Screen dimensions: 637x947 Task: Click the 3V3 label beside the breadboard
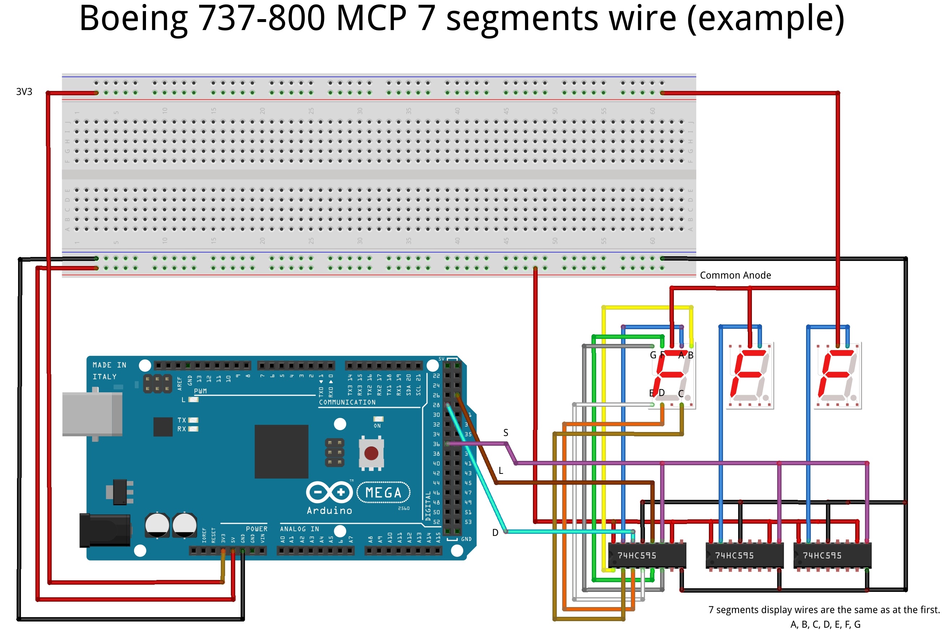click(x=24, y=92)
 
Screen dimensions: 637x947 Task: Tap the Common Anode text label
click(x=735, y=275)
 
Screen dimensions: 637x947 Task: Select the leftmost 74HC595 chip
click(x=646, y=555)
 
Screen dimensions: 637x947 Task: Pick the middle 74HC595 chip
click(x=744, y=555)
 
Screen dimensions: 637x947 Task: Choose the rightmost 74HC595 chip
click(x=832, y=555)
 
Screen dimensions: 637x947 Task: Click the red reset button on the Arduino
click(x=371, y=453)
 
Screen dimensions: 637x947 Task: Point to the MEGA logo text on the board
click(x=383, y=492)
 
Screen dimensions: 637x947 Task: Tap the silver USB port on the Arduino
click(x=92, y=414)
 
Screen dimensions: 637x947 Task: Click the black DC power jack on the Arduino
click(x=105, y=530)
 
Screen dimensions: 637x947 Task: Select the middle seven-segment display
click(x=749, y=376)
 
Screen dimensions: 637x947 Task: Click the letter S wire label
click(x=505, y=433)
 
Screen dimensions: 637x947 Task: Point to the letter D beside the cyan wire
click(x=495, y=533)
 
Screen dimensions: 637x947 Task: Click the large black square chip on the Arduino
click(x=281, y=451)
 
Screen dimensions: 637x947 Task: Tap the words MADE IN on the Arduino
click(x=109, y=365)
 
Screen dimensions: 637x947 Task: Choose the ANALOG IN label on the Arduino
click(x=299, y=528)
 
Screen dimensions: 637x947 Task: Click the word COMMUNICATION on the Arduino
click(x=347, y=402)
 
